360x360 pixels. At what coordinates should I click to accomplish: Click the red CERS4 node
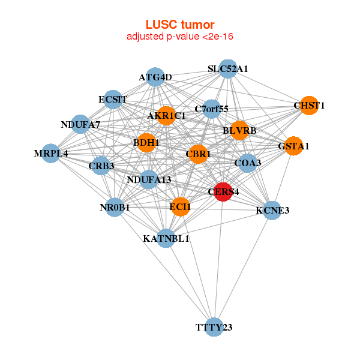pos(223,192)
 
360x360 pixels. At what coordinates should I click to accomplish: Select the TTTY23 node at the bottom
pos(214,327)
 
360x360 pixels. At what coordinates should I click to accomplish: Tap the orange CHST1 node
pos(309,106)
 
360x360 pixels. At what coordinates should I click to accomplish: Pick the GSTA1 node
pos(293,146)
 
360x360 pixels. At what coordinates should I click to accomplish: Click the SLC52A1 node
pos(227,69)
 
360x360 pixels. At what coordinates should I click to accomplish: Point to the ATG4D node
pos(155,77)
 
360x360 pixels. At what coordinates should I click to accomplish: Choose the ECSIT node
pos(113,99)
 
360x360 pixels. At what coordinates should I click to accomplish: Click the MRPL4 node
pos(51,153)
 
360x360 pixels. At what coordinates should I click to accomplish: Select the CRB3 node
pos(101,166)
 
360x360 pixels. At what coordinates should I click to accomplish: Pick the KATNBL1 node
pos(166,238)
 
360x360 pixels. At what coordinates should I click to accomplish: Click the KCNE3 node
pos(272,210)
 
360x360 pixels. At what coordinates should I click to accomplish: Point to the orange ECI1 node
pos(180,207)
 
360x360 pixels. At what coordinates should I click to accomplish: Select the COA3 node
pos(248,163)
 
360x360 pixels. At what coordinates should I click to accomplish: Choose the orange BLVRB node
pos(239,130)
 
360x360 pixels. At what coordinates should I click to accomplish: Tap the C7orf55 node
pos(211,109)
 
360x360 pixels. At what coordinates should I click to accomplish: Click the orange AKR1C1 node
pos(166,115)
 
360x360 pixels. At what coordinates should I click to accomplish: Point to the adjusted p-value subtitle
pos(180,37)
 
